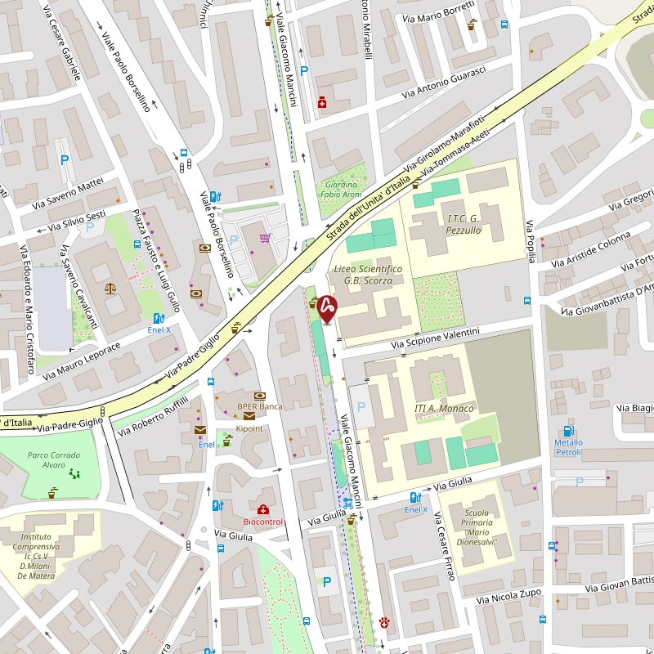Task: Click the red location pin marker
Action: click(x=327, y=308)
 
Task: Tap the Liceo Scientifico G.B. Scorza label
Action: click(x=368, y=275)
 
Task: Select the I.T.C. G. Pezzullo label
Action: click(x=464, y=224)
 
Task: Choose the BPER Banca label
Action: click(x=259, y=406)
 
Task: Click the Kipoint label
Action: click(x=249, y=428)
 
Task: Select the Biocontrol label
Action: click(x=263, y=522)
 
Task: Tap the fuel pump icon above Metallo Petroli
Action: click(x=568, y=431)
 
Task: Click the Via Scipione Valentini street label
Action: click(x=435, y=338)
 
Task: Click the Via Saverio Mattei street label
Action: click(x=69, y=191)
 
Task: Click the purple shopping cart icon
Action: click(x=265, y=239)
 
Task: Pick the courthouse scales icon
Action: click(x=110, y=288)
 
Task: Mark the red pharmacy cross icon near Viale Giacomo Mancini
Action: click(x=322, y=103)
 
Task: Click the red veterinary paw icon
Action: click(x=383, y=622)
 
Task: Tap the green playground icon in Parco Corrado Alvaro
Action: click(x=75, y=473)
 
